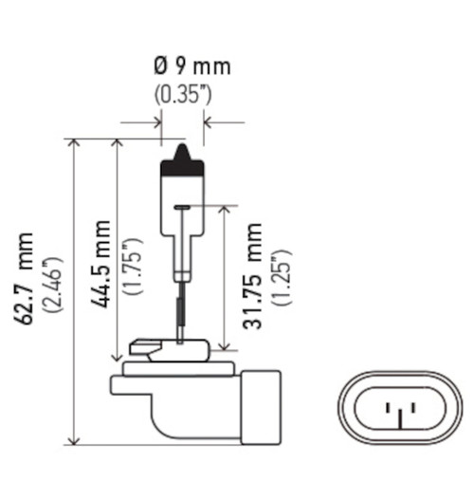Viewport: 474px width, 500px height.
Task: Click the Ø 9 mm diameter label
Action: [x=192, y=67]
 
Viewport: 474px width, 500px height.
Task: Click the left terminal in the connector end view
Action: [x=390, y=413]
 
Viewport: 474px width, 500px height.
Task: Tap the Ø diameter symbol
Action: [x=160, y=67]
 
